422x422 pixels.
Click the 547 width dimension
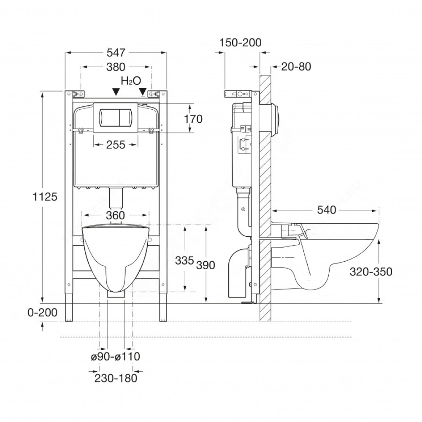pos(116,53)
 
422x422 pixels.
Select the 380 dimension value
pos(116,67)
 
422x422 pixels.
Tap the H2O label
pos(131,81)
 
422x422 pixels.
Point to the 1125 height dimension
pos(45,197)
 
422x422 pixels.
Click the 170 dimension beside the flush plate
pos(193,119)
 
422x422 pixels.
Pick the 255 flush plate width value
pos(116,145)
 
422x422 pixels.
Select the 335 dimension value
pos(184,260)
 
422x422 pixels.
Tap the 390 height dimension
pos(206,265)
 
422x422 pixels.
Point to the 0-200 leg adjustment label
pos(43,313)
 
